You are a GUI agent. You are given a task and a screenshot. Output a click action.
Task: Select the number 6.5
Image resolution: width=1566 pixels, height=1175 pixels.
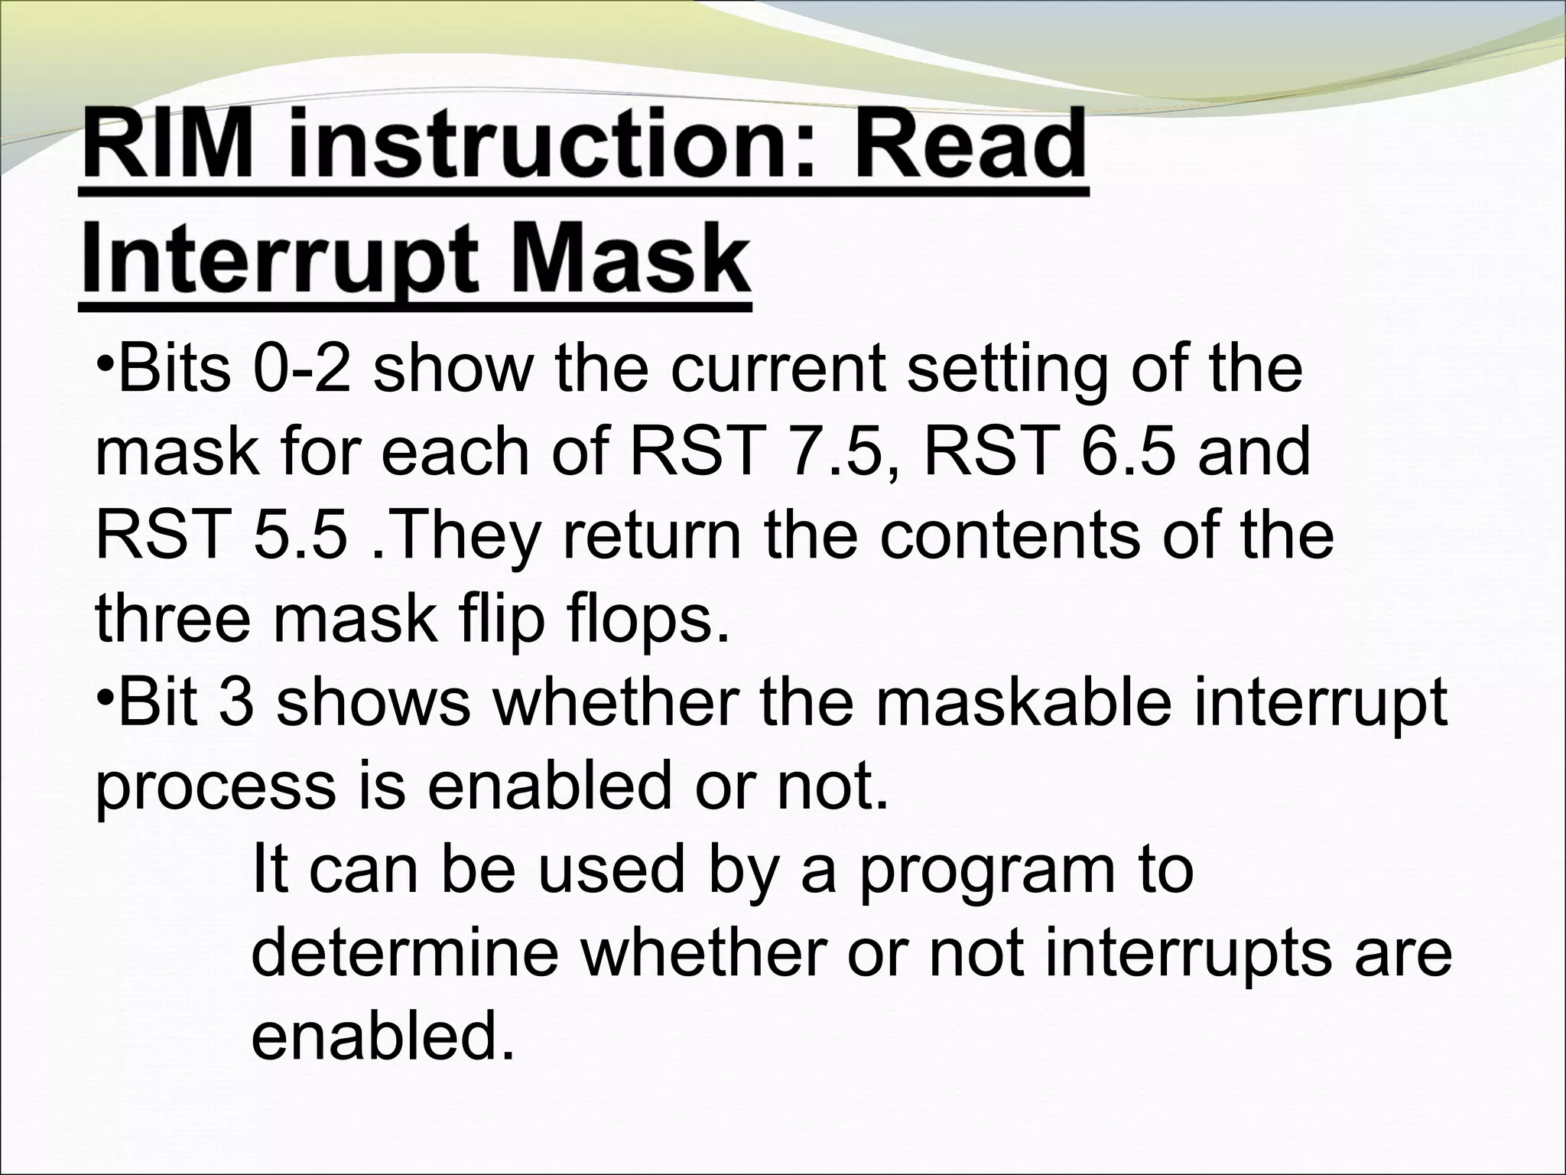(x=1128, y=453)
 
